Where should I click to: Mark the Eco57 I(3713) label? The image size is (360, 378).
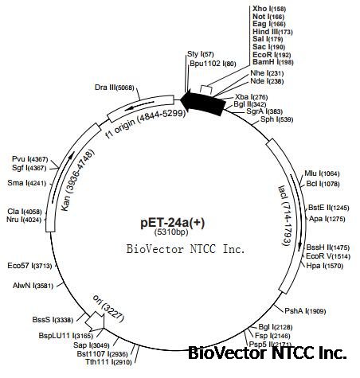[29, 265]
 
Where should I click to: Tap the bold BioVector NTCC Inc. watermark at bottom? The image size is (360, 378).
[267, 352]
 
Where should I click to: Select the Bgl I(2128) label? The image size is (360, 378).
[276, 326]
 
